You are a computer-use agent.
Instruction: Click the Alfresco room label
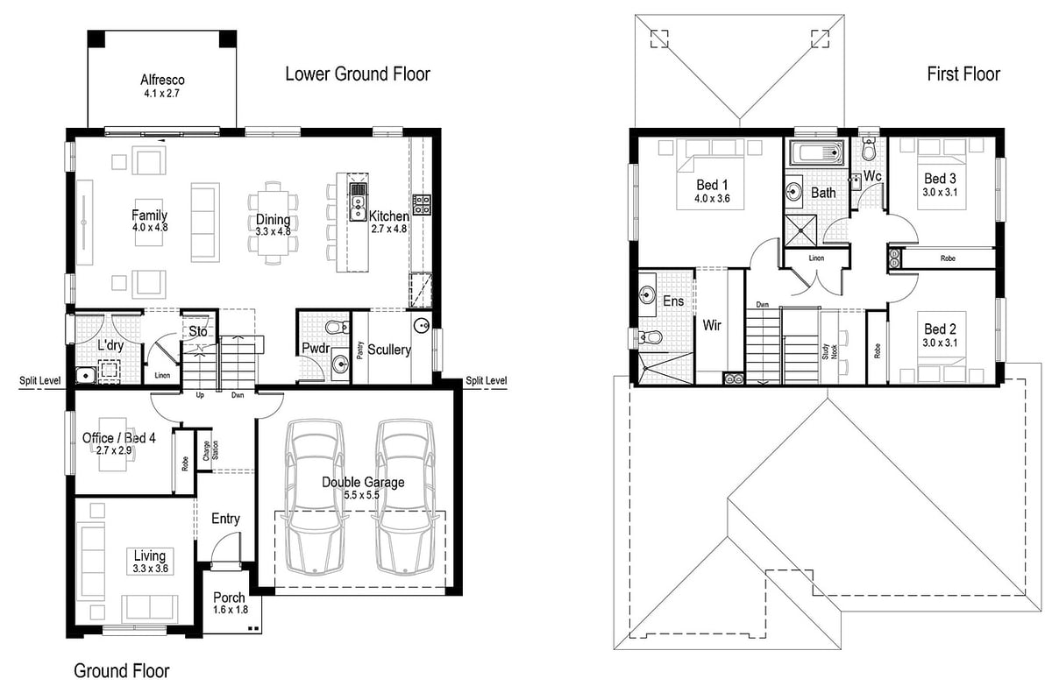point(162,80)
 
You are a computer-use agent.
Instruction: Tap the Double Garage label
point(363,483)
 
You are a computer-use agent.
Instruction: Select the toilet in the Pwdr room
point(338,327)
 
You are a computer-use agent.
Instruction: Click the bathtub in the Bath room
point(817,152)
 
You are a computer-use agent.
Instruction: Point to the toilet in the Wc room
point(870,147)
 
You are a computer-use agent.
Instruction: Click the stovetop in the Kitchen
point(422,204)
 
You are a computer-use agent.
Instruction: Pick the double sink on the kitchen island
point(358,209)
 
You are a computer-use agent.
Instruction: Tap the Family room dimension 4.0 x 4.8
point(150,228)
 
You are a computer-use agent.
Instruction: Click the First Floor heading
point(963,74)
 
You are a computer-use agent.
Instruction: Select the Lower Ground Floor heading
point(358,74)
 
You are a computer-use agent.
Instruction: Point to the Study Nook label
point(829,352)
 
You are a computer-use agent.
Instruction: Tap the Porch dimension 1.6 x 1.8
point(230,610)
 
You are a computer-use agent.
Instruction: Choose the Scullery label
point(389,350)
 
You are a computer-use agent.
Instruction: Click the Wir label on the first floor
point(712,325)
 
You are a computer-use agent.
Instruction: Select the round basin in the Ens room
point(647,295)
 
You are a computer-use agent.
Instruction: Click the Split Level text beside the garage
point(486,380)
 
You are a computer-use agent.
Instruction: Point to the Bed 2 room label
point(939,329)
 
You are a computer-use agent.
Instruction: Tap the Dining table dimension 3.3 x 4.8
point(273,231)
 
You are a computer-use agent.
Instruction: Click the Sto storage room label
point(198,332)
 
